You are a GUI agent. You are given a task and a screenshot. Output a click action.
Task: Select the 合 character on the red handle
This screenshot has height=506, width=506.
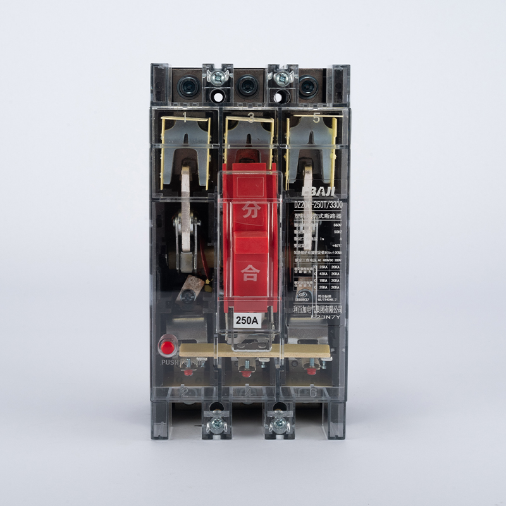(249, 273)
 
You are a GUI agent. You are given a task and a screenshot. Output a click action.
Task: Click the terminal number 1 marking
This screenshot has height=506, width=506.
(184, 118)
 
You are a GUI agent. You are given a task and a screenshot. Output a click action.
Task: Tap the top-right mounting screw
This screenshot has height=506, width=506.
(281, 78)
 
